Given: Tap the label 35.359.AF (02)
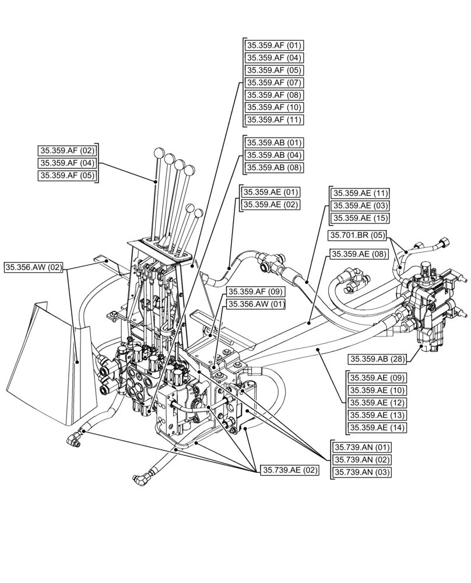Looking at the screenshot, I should (x=68, y=150).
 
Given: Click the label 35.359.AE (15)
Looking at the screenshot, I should (x=360, y=218).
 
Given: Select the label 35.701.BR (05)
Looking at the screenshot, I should (x=357, y=236).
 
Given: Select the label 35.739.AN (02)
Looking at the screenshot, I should (x=362, y=460).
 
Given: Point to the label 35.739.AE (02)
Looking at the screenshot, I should (x=290, y=470).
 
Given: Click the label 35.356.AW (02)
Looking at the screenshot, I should (x=34, y=268).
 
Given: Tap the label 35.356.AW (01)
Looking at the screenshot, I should (x=256, y=304).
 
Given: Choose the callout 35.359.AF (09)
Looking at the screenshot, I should (x=256, y=291).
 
